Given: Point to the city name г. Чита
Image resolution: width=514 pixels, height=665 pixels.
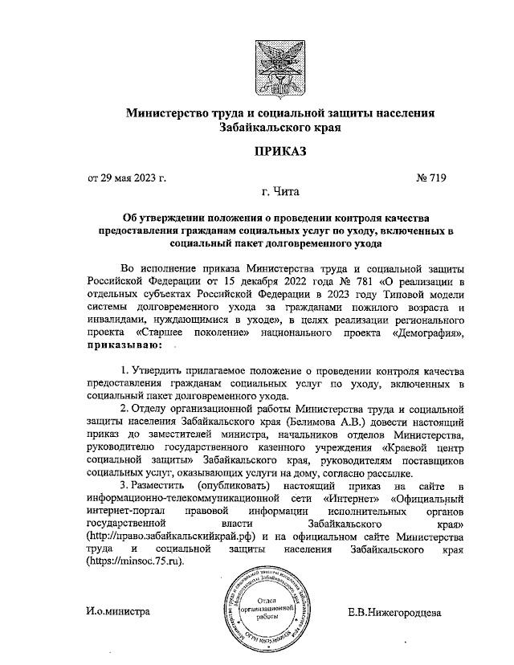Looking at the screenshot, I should click(x=279, y=193).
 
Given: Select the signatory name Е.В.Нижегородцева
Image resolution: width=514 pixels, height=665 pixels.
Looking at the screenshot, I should click(x=394, y=611).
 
